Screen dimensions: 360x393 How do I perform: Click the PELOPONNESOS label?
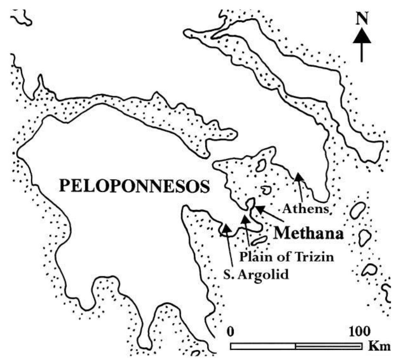coord(135,187)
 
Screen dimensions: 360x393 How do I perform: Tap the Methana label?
coord(309,234)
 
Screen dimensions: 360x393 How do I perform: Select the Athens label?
coord(305,209)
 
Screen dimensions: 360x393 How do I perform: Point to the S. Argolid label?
coord(256,274)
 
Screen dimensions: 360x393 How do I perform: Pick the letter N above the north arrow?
coord(362,20)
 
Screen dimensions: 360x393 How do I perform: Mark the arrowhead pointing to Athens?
coord(298,176)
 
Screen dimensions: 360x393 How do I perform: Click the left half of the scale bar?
coord(263,346)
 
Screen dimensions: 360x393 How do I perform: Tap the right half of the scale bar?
coord(329,346)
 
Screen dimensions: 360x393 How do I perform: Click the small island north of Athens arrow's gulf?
coord(262,165)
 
